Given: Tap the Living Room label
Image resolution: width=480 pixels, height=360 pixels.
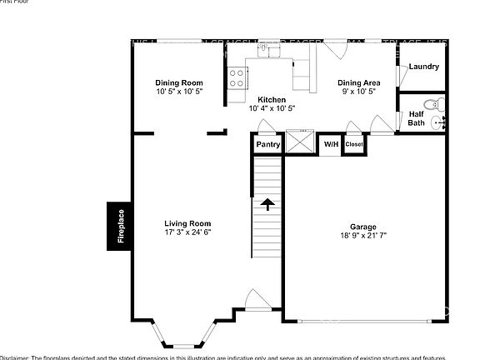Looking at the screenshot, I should [187, 223].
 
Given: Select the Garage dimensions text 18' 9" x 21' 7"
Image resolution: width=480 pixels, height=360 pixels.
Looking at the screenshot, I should [362, 236].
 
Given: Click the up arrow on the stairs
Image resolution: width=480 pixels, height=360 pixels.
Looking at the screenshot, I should [268, 204].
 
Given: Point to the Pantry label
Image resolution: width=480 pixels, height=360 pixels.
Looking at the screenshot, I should [267, 144].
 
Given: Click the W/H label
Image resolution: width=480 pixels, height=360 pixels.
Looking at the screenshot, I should [331, 144].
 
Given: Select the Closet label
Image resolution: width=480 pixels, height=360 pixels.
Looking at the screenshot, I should [354, 144].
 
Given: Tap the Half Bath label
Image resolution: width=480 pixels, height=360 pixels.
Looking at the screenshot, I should [415, 118].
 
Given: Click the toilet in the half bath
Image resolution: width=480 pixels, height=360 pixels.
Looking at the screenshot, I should [432, 104].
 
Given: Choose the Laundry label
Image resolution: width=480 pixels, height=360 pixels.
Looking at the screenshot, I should [423, 67].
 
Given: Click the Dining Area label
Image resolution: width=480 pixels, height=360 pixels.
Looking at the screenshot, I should [358, 82].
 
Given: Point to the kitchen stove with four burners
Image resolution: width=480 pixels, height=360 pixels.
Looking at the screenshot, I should [236, 77].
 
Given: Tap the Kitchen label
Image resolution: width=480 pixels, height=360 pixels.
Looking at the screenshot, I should [271, 99].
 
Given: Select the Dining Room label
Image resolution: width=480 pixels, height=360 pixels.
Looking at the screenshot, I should [178, 82].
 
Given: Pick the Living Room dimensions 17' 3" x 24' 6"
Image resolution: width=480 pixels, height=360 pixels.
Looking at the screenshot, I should [187, 232].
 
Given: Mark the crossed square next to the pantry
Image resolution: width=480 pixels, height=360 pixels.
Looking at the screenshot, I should [298, 142].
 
